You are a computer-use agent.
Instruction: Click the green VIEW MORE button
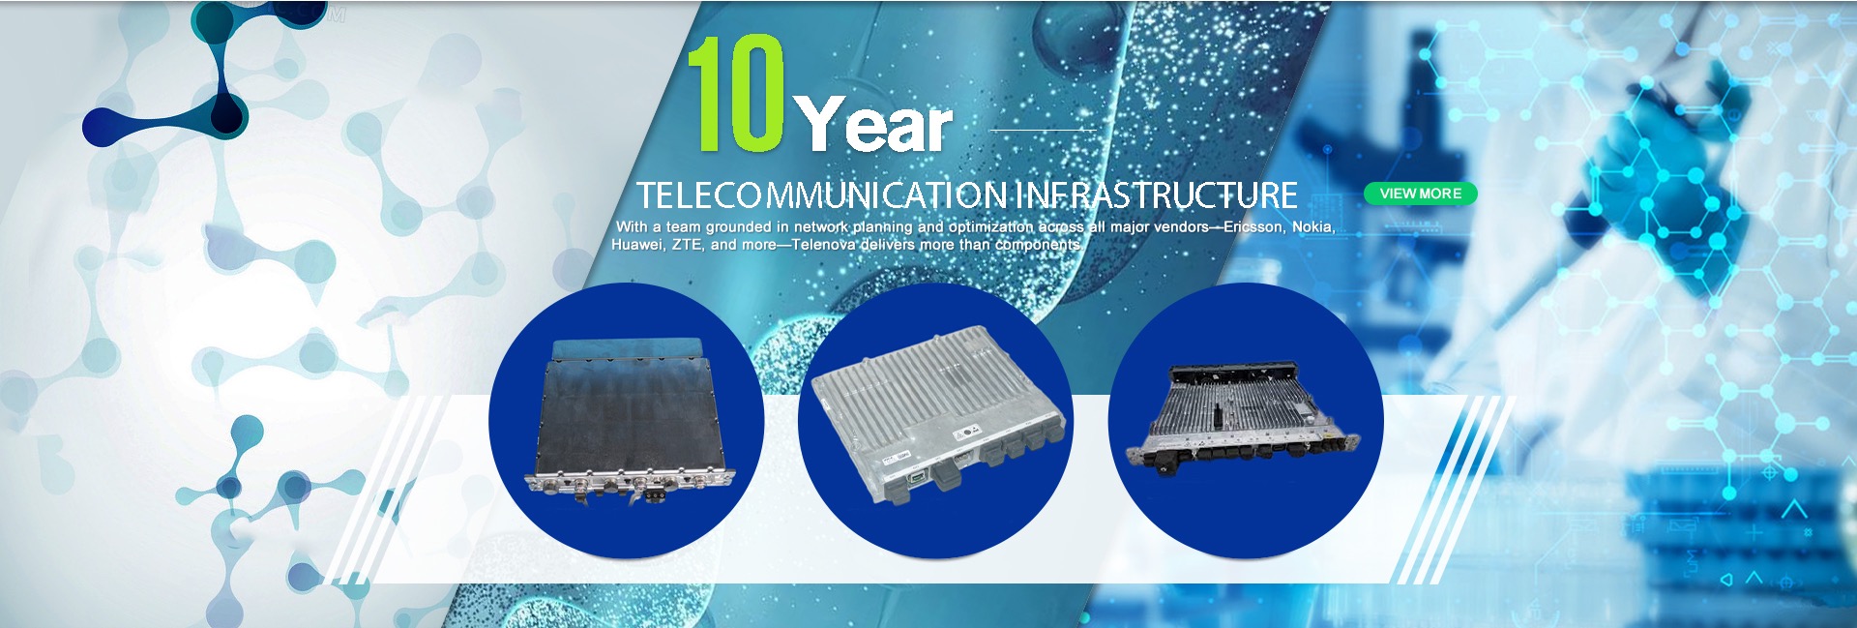(x=1420, y=194)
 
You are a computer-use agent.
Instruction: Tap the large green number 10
(x=736, y=94)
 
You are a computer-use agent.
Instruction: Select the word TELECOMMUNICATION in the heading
(x=822, y=195)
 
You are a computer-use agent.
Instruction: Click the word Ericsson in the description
(x=1253, y=226)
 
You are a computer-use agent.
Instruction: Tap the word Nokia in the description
(x=1313, y=226)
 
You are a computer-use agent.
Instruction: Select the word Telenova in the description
(x=823, y=245)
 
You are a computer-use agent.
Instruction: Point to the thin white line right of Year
(x=1042, y=130)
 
